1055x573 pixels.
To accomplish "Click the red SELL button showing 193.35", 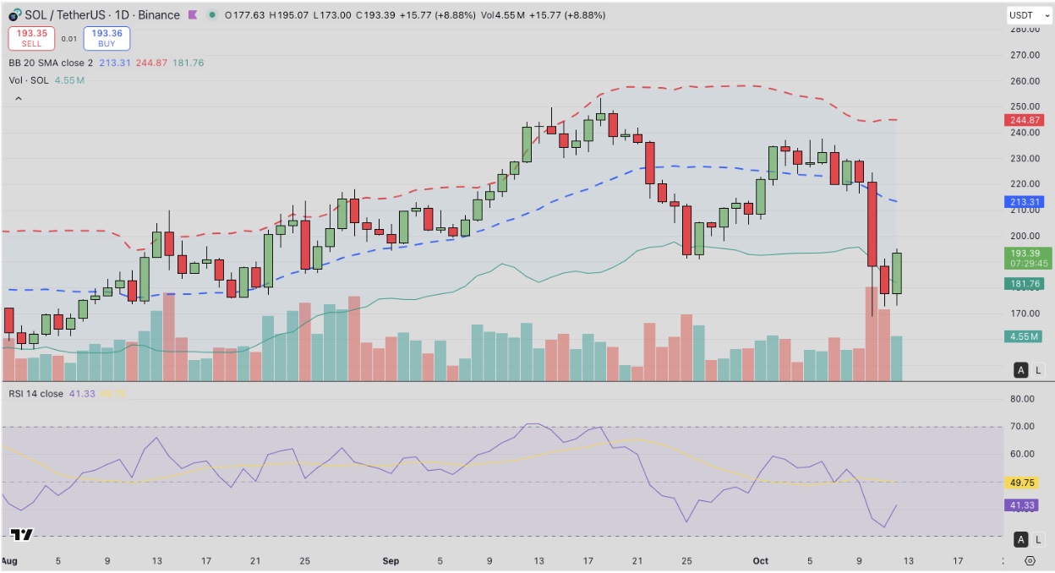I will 31,38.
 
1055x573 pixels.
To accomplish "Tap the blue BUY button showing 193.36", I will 107,38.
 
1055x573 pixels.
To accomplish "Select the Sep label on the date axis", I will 391,560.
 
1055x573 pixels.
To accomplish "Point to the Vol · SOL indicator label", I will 30,80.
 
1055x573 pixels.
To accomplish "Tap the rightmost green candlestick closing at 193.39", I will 896,272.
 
